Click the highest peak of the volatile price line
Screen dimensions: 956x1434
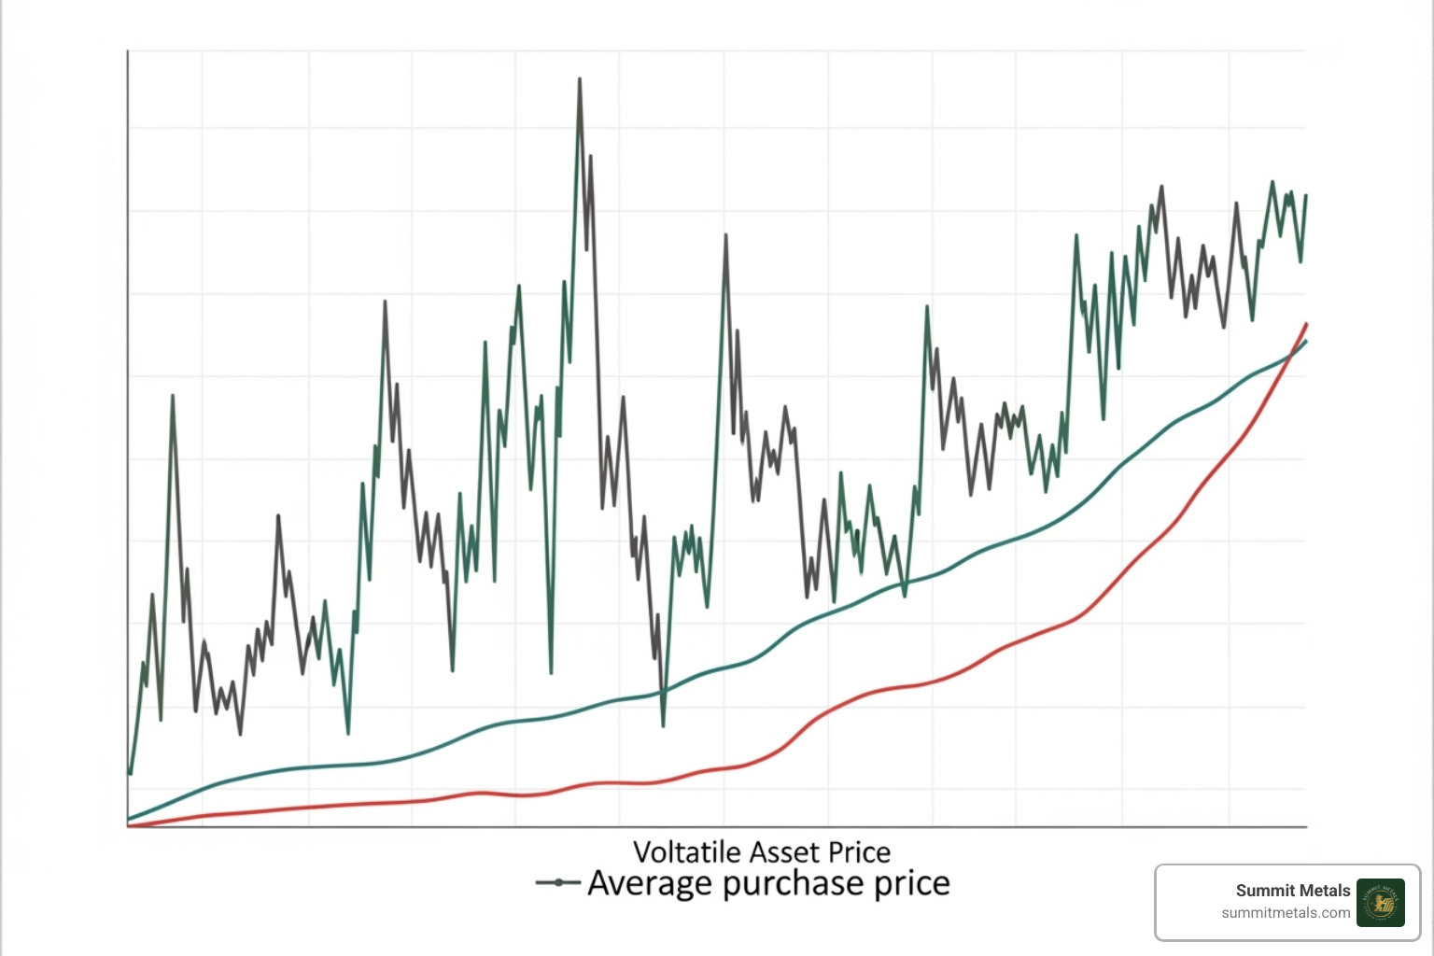579,80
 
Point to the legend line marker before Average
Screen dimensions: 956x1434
558,883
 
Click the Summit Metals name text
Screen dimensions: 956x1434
1292,891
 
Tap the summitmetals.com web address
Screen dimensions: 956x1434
1286,913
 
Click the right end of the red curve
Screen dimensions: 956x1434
1306,324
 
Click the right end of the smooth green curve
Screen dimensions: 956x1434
1306,342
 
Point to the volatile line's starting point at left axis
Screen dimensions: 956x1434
130,773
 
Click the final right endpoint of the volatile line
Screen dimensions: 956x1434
1305,196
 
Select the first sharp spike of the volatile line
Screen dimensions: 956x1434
173,396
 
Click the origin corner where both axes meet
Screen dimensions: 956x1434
128,826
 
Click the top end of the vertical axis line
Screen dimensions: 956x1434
128,52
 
